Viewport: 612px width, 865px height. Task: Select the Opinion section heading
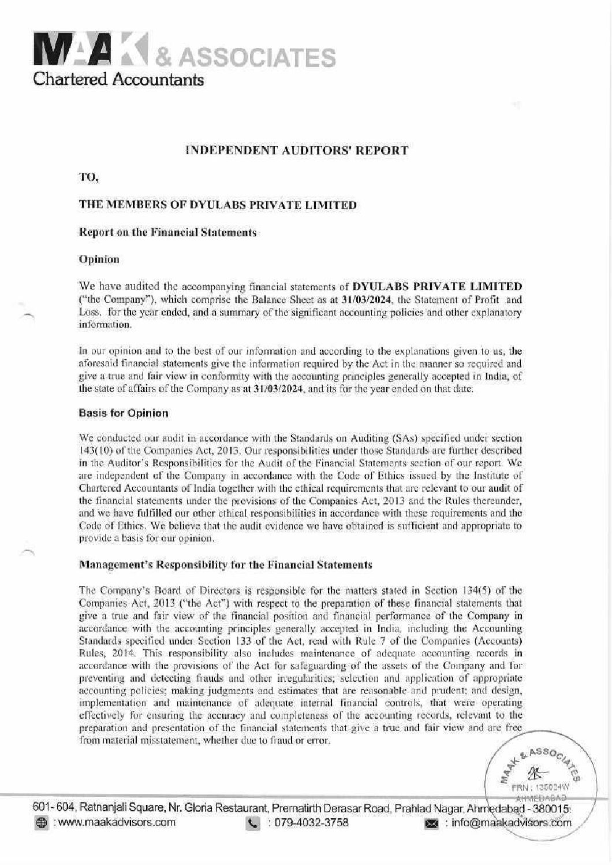pyautogui.click(x=99, y=259)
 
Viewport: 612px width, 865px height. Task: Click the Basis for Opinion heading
pyautogui.click(x=123, y=413)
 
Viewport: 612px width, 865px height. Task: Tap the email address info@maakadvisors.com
pyautogui.click(x=508, y=823)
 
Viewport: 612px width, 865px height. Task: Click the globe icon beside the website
pyautogui.click(x=40, y=823)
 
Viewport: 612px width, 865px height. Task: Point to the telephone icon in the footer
pyautogui.click(x=253, y=823)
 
